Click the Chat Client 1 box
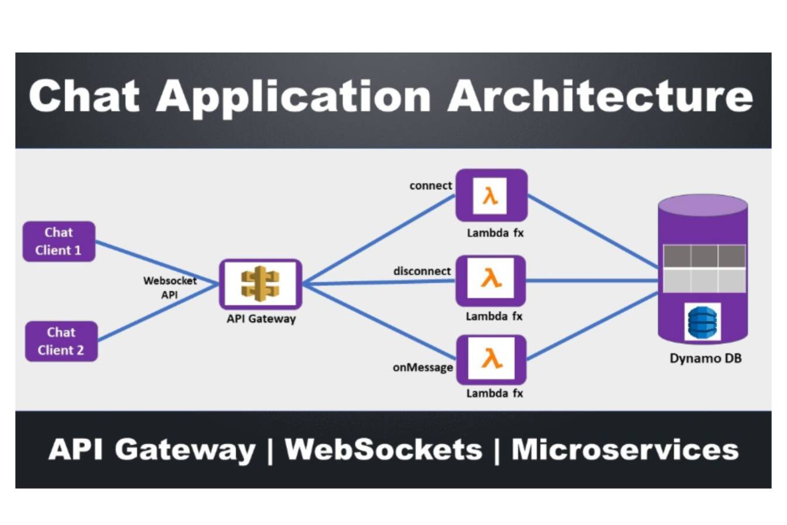coord(59,241)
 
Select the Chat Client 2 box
coord(61,341)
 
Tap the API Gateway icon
coord(261,284)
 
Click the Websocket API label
coord(170,288)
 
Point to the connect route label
coord(431,186)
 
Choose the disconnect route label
coord(422,271)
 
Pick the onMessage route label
coord(423,368)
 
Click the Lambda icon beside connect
coord(491,196)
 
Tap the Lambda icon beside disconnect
coord(491,281)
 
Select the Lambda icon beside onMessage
coord(491,359)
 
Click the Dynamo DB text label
coord(705,358)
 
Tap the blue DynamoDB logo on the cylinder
coord(702,322)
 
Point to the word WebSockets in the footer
coord(384,450)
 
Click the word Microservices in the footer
coord(625,450)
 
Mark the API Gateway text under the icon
coord(261,319)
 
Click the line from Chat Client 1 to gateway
coord(157,262)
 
